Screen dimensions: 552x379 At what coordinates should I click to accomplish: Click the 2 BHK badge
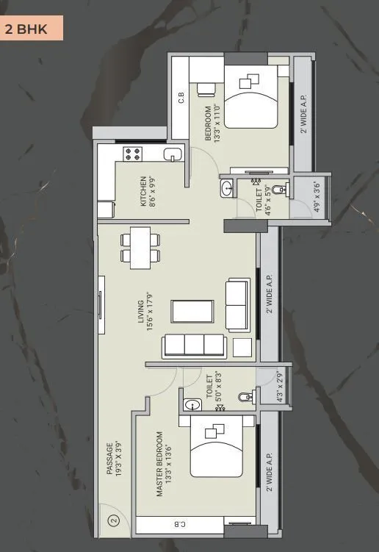coord(31,30)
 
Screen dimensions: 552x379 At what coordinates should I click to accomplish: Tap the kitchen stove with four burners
coord(132,154)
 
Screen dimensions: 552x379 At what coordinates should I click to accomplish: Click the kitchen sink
coord(172,154)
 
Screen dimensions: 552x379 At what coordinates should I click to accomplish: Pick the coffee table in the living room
coord(192,311)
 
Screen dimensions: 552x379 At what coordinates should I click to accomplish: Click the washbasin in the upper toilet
coord(226,189)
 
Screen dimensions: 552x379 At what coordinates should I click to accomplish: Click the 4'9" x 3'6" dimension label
coord(317,196)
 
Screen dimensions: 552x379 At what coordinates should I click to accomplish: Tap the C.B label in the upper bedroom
coord(181,98)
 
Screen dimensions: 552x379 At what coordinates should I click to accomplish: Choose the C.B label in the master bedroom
coord(179,525)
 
